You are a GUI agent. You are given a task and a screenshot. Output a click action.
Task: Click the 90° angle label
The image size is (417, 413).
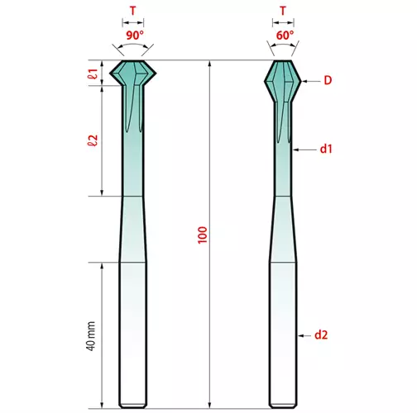[x=135, y=36]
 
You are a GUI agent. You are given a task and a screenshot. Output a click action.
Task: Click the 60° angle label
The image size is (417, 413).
[x=285, y=36]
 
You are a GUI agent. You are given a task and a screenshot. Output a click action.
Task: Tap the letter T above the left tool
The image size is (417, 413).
[x=133, y=11]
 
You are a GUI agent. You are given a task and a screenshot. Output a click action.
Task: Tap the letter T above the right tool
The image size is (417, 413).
[x=283, y=11]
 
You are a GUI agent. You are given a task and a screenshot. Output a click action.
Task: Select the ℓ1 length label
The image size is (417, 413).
[x=93, y=74]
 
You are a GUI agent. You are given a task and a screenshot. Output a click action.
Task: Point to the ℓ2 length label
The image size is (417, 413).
[x=93, y=140]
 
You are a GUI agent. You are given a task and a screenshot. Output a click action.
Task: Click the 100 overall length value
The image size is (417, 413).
[x=203, y=235]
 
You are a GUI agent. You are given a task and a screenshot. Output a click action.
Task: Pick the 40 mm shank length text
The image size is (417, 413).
[x=91, y=335]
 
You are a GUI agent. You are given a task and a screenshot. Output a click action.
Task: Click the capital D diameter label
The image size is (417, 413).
[x=328, y=80]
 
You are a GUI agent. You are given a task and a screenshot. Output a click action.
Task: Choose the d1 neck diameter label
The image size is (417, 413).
[x=326, y=149]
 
